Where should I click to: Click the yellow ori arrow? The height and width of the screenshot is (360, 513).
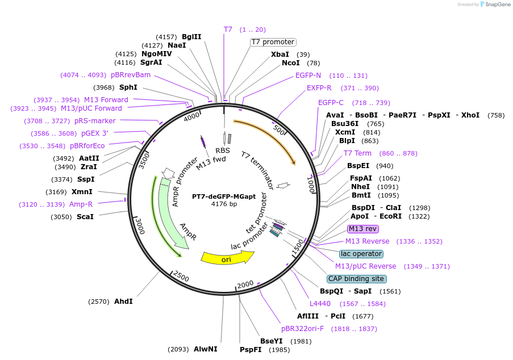coord(227,259)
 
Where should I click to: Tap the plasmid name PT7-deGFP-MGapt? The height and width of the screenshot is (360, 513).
coord(224,195)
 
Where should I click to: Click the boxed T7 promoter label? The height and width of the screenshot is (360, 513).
coord(273,42)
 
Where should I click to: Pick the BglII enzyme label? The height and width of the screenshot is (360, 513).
coord(191,37)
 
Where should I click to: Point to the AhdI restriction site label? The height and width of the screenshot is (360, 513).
coord(123,301)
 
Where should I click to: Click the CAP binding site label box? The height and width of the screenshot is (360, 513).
coord(357,279)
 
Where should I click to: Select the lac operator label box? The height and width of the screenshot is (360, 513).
coord(361,254)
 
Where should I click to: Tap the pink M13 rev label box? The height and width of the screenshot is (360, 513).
coord(362,229)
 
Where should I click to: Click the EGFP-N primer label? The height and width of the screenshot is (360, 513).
coord(308,76)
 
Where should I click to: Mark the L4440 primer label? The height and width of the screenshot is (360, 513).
coord(320,304)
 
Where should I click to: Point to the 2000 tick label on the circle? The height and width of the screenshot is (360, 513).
coord(245,284)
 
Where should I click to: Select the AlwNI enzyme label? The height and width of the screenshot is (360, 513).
coord(205,349)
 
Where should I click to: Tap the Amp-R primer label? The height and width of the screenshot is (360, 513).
coord(81,204)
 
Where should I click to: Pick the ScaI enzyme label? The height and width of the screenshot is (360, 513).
coord(85,216)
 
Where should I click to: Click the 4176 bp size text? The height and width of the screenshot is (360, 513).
coord(224,204)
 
